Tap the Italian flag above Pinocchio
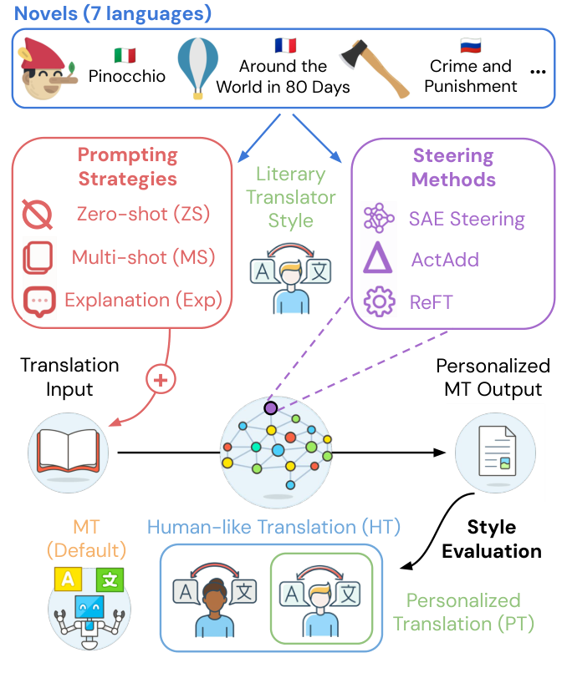coord(125,55)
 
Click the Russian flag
coord(471,45)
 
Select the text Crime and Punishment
coord(471,75)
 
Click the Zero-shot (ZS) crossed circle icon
coord(38,215)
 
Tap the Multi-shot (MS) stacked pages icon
coord(38,257)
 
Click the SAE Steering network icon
coord(379,219)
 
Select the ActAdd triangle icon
coord(378,260)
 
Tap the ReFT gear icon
coord(379,301)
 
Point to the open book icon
coord(64,450)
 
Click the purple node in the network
coord(270,408)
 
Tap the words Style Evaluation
coord(492,539)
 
